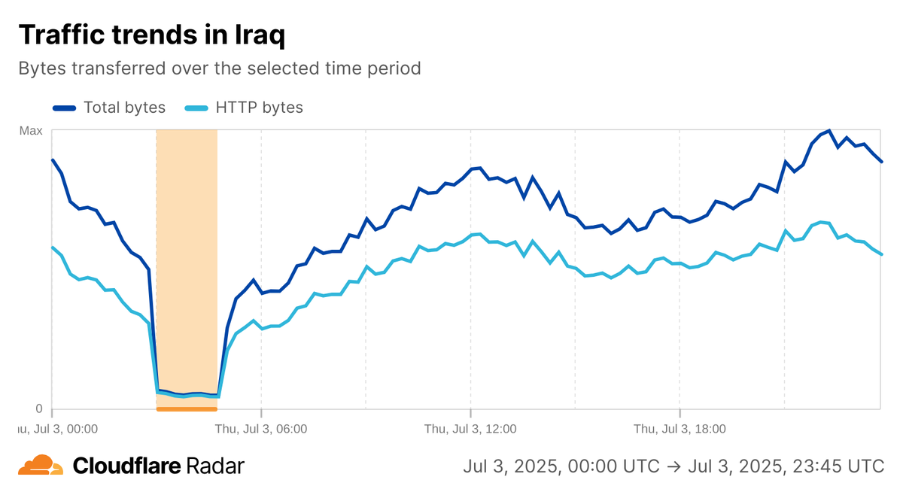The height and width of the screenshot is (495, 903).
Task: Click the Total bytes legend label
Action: pyautogui.click(x=124, y=108)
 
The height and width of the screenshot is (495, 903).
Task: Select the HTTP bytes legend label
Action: pyautogui.click(x=259, y=108)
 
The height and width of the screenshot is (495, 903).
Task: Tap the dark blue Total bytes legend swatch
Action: pyautogui.click(x=65, y=108)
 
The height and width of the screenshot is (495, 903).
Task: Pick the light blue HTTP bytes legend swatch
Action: pyautogui.click(x=196, y=108)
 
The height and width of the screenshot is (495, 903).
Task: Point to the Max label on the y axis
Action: pyautogui.click(x=31, y=131)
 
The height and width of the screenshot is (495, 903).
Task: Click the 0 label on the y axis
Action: pyautogui.click(x=39, y=408)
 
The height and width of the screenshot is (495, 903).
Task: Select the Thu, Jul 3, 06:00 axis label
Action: pyautogui.click(x=261, y=429)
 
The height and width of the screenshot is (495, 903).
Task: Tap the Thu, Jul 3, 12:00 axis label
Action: pyautogui.click(x=470, y=429)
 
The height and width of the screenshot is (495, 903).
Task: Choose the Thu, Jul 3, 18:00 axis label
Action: pyautogui.click(x=680, y=429)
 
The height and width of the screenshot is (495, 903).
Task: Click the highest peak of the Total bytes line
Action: pyautogui.click(x=829, y=130)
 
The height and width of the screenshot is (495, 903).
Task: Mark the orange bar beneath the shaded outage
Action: pyautogui.click(x=186, y=409)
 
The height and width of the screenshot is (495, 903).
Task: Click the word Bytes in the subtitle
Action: pyautogui.click(x=41, y=68)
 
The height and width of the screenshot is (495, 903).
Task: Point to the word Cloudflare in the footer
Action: pyautogui.click(x=126, y=466)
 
